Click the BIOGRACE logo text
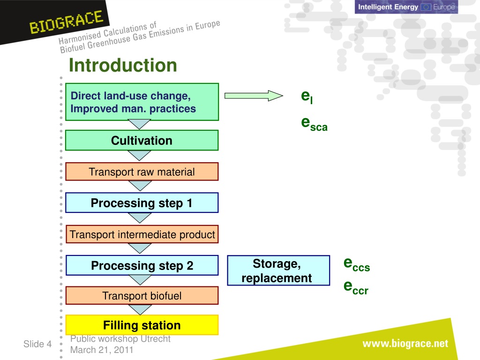click(66, 22)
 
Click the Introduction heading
click(123, 65)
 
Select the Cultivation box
click(142, 140)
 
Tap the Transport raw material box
click(142, 172)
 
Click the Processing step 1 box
click(142, 202)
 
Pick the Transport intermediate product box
click(142, 234)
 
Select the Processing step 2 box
click(142, 265)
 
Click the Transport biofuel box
click(142, 296)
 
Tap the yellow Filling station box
click(142, 325)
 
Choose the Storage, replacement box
click(278, 270)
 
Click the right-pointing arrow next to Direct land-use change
click(254, 96)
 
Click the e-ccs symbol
click(357, 264)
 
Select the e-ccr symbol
click(356, 287)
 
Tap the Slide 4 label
click(37, 344)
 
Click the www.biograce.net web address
click(405, 344)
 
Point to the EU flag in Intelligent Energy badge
click(426, 7)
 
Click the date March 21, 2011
click(102, 350)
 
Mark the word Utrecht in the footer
click(156, 339)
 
